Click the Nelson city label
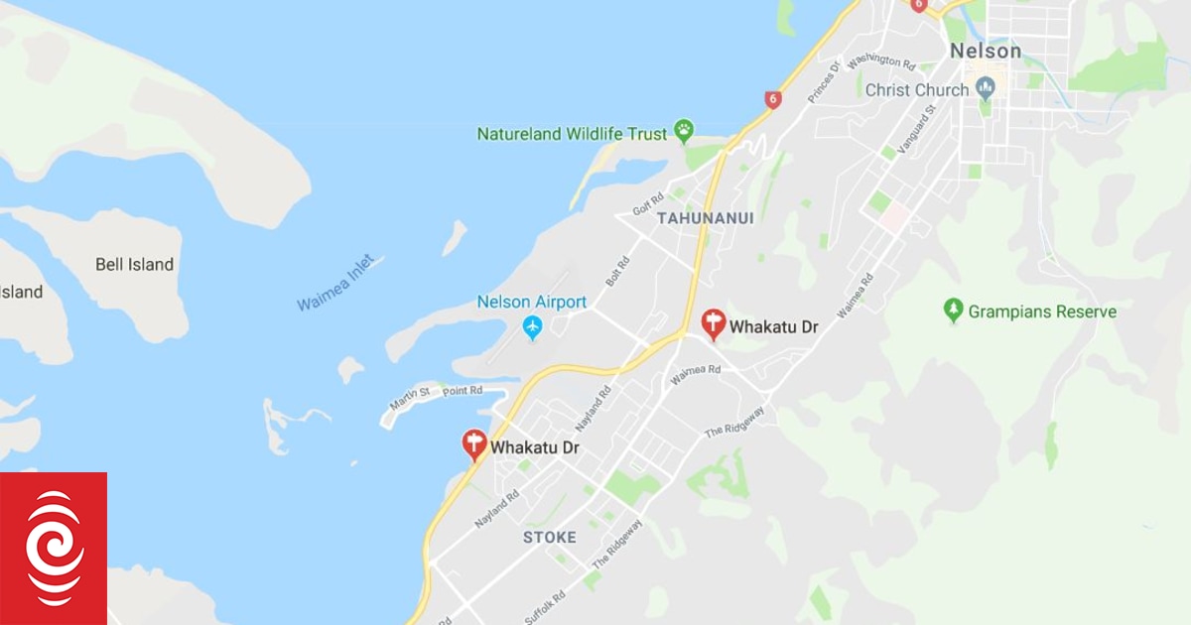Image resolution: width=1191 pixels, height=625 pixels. click(x=985, y=51)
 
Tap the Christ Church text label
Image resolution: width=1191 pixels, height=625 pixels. click(x=916, y=90)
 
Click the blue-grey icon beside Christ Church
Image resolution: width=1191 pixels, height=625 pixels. click(x=986, y=89)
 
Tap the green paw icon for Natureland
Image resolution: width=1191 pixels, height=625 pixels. click(x=684, y=130)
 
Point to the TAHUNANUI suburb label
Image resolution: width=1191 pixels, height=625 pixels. click(x=706, y=217)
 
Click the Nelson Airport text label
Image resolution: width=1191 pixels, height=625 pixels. click(x=531, y=302)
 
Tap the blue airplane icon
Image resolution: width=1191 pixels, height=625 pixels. click(x=533, y=326)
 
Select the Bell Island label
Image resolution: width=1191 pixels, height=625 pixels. click(x=134, y=265)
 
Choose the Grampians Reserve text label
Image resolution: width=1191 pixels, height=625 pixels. click(x=1043, y=312)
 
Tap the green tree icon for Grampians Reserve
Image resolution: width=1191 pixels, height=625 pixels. click(x=954, y=311)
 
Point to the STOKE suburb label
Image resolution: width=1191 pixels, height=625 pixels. click(x=550, y=537)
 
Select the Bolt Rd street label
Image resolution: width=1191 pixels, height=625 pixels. click(x=617, y=271)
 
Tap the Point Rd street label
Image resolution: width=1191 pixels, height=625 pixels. click(x=463, y=391)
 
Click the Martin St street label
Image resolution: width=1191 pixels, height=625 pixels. click(x=411, y=399)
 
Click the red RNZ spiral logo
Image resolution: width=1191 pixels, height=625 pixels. click(x=54, y=548)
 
